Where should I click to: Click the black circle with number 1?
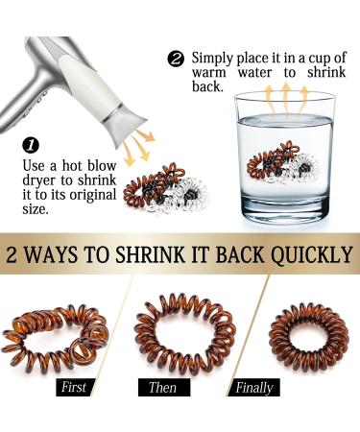[x=31, y=146]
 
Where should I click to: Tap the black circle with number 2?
[x=177, y=60]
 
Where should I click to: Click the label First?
[x=74, y=387]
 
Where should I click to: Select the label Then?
[x=164, y=387]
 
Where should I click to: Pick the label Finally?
[x=254, y=387]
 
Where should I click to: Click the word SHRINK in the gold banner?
[x=150, y=254]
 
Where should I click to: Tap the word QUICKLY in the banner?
[x=312, y=255]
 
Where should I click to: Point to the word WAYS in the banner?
[x=51, y=254]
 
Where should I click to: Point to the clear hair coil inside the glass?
[x=302, y=168]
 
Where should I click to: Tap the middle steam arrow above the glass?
[x=286, y=99]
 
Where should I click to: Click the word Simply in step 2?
[x=212, y=60]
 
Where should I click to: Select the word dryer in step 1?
[x=39, y=181]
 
